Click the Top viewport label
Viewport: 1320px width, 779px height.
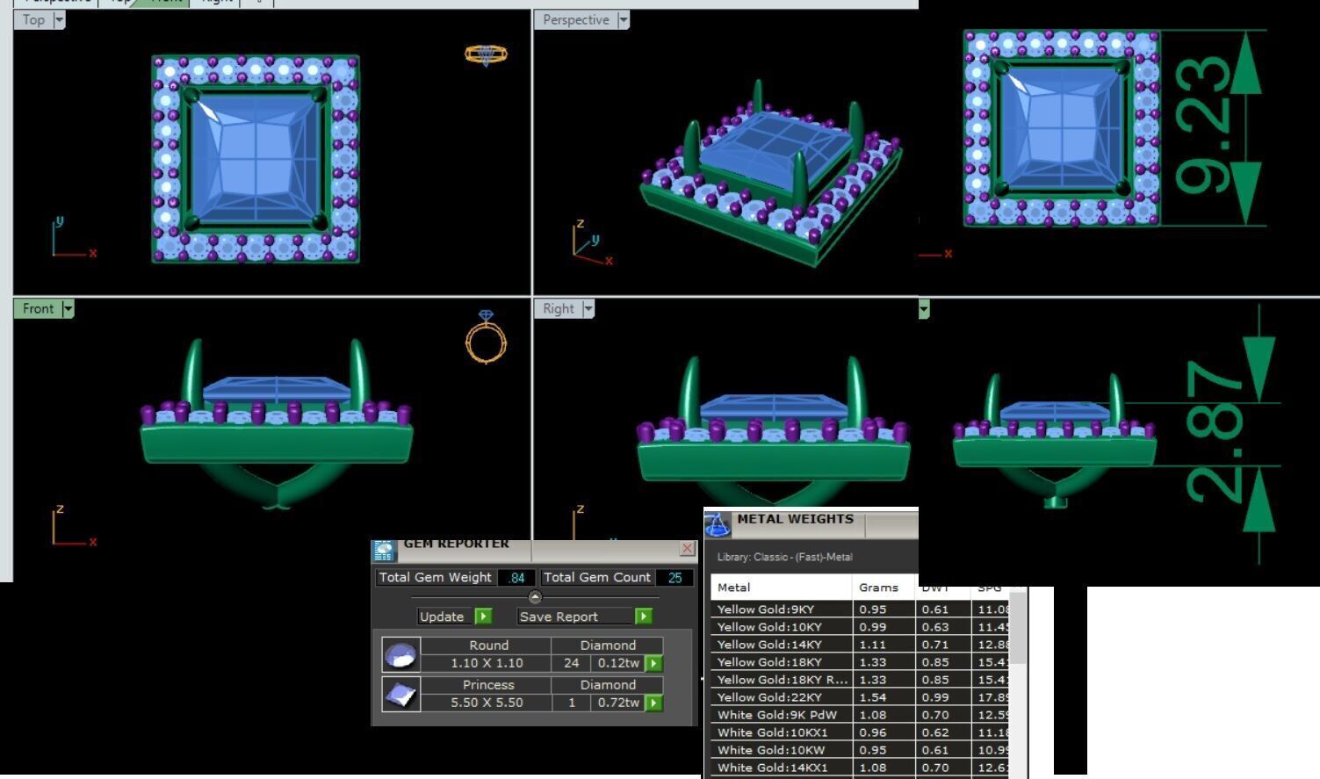[33, 20]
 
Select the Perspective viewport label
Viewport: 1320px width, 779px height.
[575, 20]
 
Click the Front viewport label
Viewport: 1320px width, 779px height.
[38, 308]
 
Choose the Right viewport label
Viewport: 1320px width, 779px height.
[558, 308]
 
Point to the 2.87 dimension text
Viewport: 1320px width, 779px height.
[1215, 430]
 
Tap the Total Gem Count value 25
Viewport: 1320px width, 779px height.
[674, 577]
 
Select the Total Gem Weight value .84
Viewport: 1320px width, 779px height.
[516, 577]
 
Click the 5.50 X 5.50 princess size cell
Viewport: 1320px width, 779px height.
[487, 703]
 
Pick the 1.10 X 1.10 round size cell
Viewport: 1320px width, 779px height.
[487, 663]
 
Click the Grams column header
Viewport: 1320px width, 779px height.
[878, 588]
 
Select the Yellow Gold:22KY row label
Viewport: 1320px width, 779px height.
[769, 697]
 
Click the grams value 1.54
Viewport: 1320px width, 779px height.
[873, 697]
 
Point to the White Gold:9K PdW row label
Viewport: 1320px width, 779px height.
[777, 715]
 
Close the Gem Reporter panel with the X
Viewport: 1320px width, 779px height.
[687, 548]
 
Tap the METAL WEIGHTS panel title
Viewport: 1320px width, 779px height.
[795, 519]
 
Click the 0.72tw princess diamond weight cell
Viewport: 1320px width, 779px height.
[618, 703]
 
